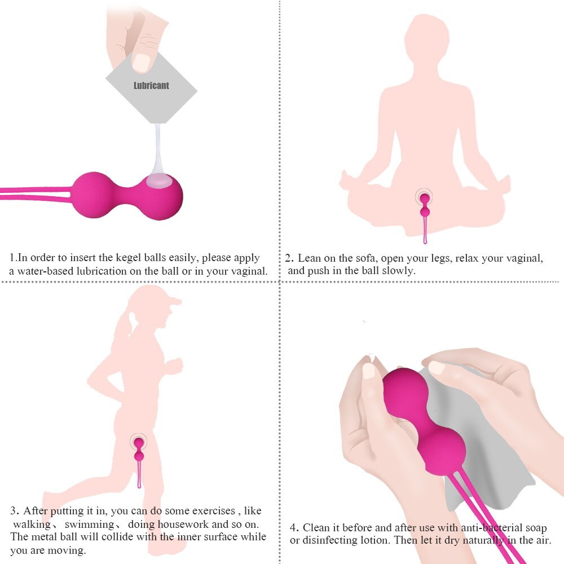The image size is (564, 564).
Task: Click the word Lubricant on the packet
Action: click(151, 86)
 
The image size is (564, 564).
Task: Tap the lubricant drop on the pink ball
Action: click(159, 181)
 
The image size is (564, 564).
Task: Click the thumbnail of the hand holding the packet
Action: click(141, 62)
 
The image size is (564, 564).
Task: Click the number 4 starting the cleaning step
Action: click(293, 528)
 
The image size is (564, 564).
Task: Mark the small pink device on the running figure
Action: click(138, 450)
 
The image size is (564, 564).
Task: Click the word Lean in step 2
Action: click(309, 259)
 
